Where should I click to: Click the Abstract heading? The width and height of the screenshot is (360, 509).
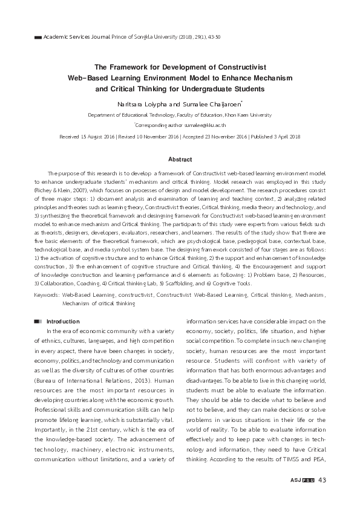[180, 160]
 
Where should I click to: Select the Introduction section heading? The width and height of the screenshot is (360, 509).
[63, 321]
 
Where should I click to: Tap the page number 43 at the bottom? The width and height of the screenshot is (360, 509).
[322, 480]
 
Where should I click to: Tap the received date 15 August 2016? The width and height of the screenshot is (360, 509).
[91, 137]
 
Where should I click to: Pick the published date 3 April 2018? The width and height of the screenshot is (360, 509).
[284, 137]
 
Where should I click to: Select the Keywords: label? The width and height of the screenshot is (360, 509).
[47, 296]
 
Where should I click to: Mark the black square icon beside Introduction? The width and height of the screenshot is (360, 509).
[38, 321]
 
